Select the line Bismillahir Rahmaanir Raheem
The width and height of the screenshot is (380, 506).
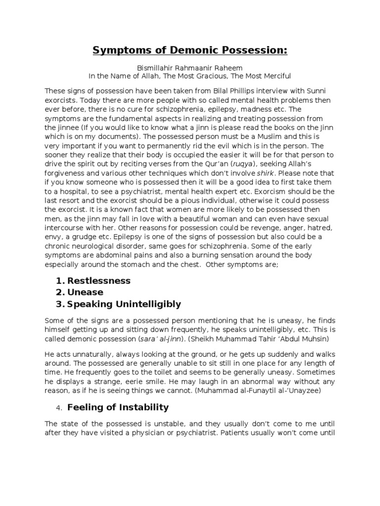[190, 68]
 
